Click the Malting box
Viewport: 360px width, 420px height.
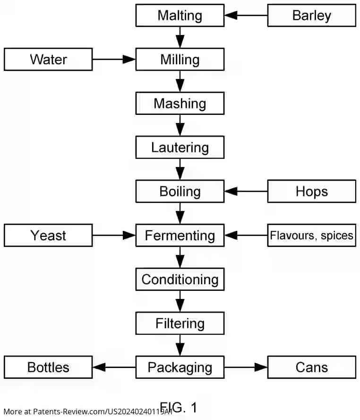point(180,16)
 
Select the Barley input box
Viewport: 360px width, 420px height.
point(311,16)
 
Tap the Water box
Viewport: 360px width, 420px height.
point(48,60)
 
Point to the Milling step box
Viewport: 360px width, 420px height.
point(180,60)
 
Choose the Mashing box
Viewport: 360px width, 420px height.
point(180,104)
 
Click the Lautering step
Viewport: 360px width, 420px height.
point(180,148)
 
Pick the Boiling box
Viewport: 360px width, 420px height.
point(180,192)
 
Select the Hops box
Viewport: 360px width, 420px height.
point(311,192)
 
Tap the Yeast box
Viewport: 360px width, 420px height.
point(48,236)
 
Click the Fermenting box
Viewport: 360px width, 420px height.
point(180,236)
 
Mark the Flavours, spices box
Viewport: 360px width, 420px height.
point(311,236)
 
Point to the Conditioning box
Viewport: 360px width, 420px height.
point(180,280)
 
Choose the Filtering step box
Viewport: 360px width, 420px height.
point(180,324)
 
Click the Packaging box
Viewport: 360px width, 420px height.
point(180,367)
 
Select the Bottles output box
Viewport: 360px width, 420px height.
point(48,367)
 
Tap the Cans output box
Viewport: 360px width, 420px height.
point(311,367)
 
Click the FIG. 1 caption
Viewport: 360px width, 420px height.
point(179,407)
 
